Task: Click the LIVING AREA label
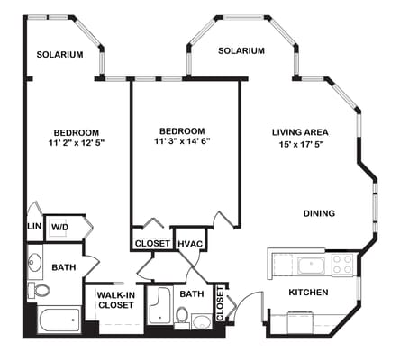click(x=301, y=133)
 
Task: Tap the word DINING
click(x=319, y=213)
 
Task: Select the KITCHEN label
click(x=307, y=292)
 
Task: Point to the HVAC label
click(x=189, y=243)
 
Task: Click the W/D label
click(x=60, y=227)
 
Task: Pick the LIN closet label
click(x=34, y=227)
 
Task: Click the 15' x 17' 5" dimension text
click(x=301, y=146)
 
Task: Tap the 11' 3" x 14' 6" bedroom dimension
click(x=182, y=141)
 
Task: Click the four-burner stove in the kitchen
click(x=342, y=265)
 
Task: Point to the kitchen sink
click(x=312, y=265)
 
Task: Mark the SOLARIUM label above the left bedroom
click(x=59, y=54)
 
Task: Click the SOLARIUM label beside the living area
click(x=241, y=50)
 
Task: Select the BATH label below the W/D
click(x=63, y=267)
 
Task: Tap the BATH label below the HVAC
click(x=191, y=293)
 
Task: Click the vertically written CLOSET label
click(x=220, y=305)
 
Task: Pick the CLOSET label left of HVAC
click(x=151, y=243)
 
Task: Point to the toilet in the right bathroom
click(x=182, y=316)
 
